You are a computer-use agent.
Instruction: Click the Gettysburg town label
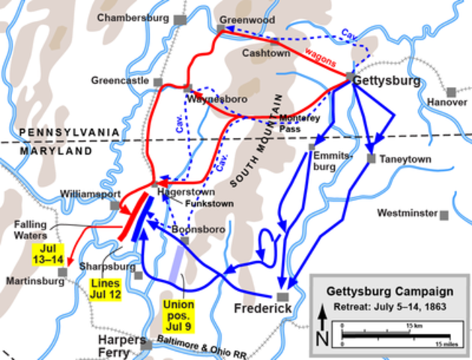click(x=390, y=80)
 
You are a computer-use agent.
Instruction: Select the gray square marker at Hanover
click(x=451, y=91)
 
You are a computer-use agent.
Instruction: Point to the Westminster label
click(x=407, y=213)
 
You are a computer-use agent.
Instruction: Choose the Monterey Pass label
click(x=297, y=124)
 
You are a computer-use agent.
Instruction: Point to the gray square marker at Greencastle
click(x=157, y=80)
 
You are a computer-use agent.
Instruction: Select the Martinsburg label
click(x=29, y=282)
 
